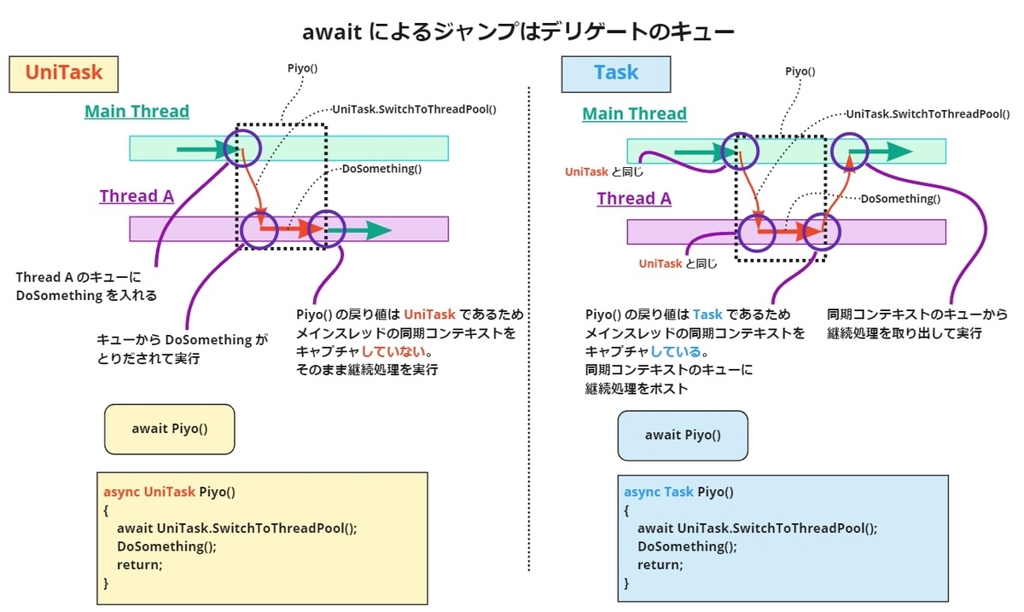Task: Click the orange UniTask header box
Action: click(64, 73)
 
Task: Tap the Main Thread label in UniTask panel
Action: click(137, 112)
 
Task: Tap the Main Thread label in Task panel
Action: click(634, 114)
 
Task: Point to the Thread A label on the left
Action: click(137, 197)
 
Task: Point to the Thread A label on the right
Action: click(634, 199)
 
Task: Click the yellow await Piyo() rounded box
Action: click(169, 429)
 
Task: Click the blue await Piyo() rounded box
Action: click(683, 435)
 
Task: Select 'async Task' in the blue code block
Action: click(658, 492)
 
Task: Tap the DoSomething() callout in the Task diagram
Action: click(899, 199)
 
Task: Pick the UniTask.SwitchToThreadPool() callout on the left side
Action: click(414, 110)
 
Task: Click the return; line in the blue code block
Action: click(659, 564)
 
